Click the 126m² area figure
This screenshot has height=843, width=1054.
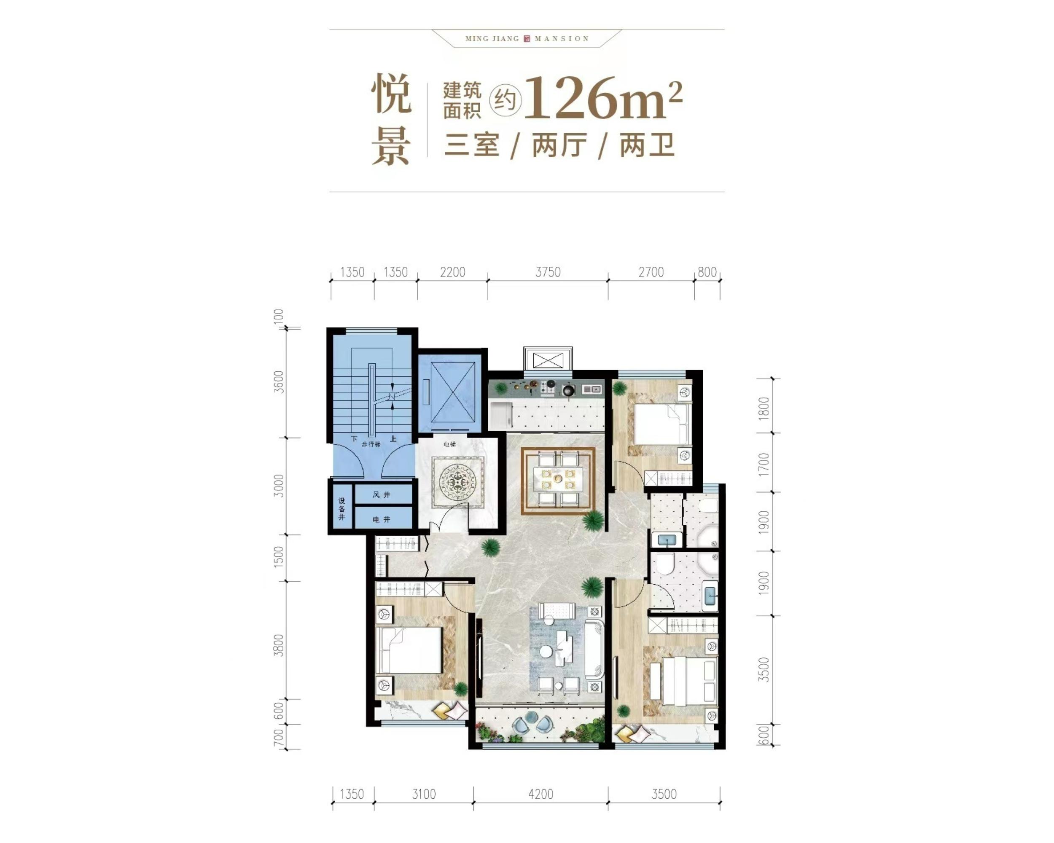[602, 98]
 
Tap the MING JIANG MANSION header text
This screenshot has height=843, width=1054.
[527, 39]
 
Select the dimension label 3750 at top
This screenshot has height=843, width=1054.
[548, 272]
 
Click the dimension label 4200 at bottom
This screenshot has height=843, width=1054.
[540, 794]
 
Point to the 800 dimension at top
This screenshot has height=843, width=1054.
[707, 272]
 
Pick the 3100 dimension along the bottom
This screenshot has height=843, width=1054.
[423, 794]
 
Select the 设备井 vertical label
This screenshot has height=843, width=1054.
[342, 509]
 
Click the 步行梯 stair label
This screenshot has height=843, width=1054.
[371, 444]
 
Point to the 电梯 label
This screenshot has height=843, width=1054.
[449, 444]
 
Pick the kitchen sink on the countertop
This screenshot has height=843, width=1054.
[592, 389]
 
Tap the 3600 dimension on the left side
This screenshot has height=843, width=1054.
[279, 382]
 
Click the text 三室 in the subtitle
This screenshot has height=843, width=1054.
[471, 145]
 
